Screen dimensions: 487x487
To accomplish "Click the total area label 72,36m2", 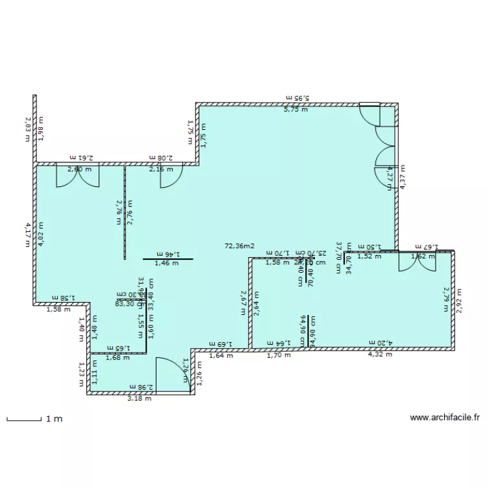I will (x=239, y=247).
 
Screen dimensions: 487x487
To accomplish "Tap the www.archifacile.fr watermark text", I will (x=445, y=418).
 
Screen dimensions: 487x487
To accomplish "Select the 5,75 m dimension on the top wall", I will (x=295, y=109).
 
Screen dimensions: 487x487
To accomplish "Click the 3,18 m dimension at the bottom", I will (x=140, y=398).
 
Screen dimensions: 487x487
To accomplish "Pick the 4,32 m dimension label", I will (x=380, y=355).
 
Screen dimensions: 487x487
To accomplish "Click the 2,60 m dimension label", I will (x=79, y=169).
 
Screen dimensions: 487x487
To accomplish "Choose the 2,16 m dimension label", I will (x=161, y=169).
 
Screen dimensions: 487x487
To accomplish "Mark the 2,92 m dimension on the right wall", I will (x=460, y=300).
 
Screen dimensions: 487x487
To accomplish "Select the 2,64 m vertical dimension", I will (x=256, y=303).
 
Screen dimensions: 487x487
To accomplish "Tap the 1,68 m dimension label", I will (x=117, y=357).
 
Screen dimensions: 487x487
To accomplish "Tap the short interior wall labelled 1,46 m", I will (x=168, y=259).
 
